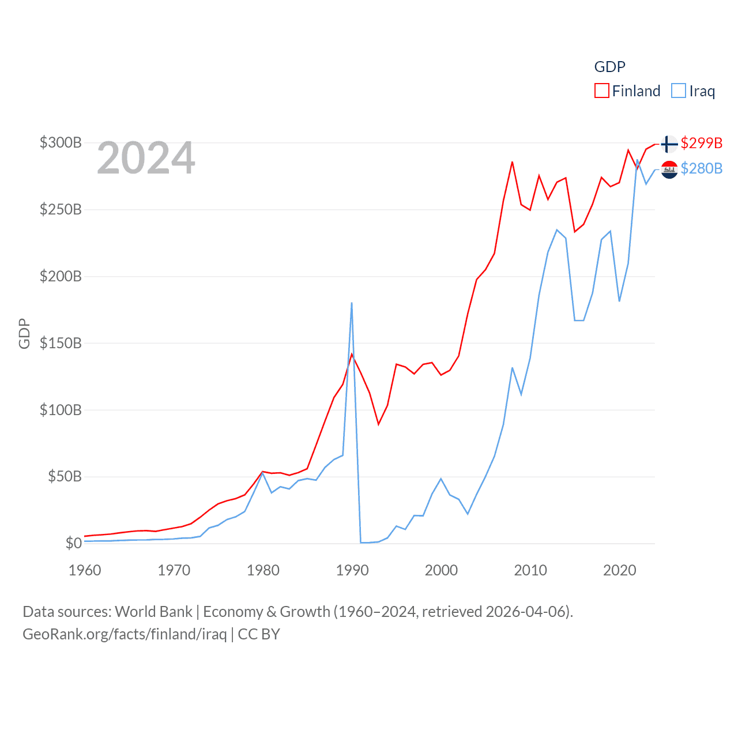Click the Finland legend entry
[x=627, y=91]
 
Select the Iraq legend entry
[x=694, y=91]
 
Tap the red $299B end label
[x=701, y=143]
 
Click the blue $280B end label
[x=701, y=168]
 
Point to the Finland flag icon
[x=669, y=144]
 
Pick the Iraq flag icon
[x=669, y=170]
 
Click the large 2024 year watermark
[x=146, y=158]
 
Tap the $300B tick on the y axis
[x=61, y=142]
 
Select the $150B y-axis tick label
[x=61, y=343]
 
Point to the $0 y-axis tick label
[x=73, y=543]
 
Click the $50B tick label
[x=65, y=476]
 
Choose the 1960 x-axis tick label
[x=85, y=570]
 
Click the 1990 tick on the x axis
[x=352, y=570]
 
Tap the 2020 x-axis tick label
[x=619, y=570]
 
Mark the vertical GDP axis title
[x=24, y=333]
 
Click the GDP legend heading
[x=609, y=67]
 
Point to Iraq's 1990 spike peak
[x=352, y=303]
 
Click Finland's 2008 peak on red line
[x=512, y=162]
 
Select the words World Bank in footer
[x=153, y=612]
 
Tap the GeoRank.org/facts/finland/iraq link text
[x=125, y=634]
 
